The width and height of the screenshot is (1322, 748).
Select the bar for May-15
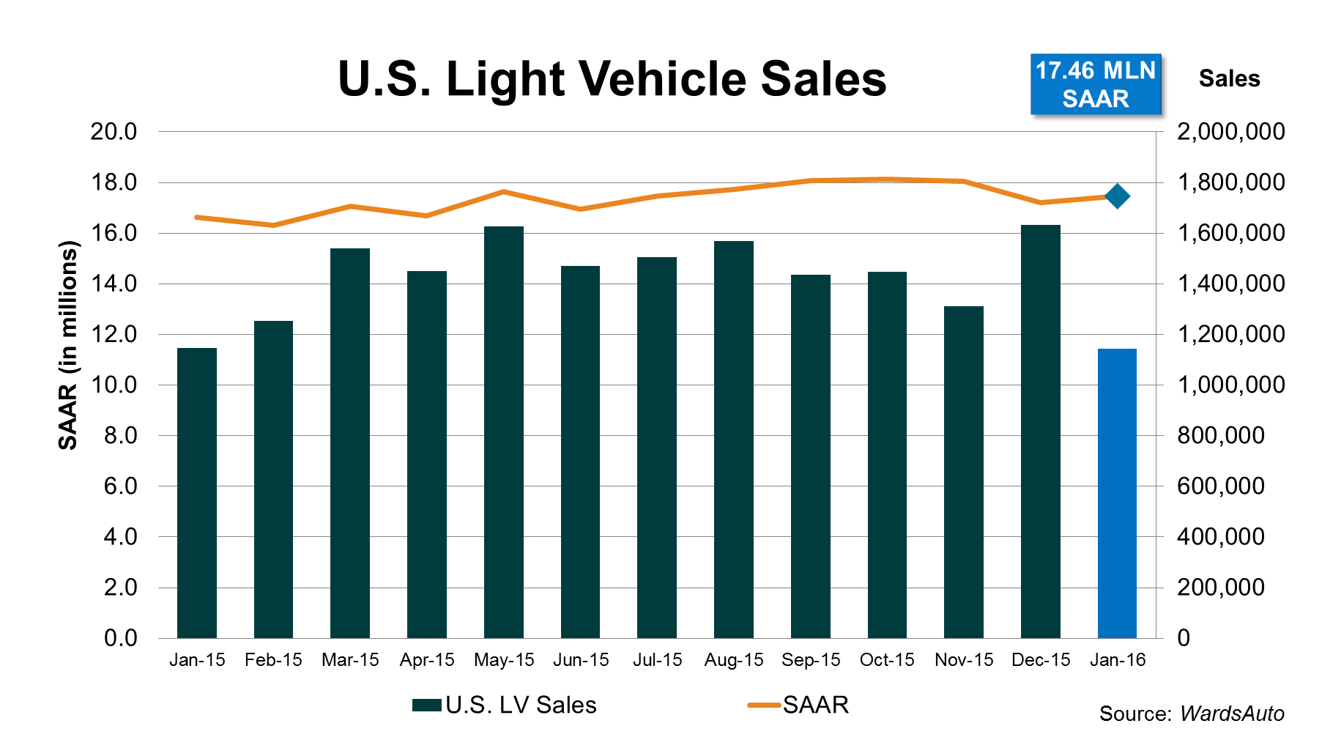tap(504, 432)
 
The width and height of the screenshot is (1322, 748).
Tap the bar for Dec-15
tap(1040, 432)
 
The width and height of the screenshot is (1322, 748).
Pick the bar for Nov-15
tap(964, 472)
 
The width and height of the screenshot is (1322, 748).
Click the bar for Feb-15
tap(273, 479)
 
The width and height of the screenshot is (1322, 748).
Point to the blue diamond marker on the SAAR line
tap(1118, 196)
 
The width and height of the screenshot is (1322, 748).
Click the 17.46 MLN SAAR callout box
tap(1096, 84)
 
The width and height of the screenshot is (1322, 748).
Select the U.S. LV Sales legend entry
tap(505, 705)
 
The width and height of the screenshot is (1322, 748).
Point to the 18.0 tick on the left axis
tap(114, 182)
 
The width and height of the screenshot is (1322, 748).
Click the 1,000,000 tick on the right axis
tap(1230, 385)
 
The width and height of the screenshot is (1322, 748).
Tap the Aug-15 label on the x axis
tap(734, 660)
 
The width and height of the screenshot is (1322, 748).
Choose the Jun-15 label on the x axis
tap(581, 660)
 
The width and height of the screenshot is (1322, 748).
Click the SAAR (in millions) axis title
tap(67, 344)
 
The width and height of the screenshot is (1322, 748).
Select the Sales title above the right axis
tap(1229, 78)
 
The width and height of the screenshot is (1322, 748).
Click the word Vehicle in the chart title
tap(664, 78)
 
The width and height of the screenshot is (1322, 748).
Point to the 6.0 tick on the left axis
tap(120, 486)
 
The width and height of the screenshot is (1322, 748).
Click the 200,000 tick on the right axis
tap(1220, 588)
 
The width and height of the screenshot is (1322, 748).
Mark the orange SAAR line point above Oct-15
tap(887, 179)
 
